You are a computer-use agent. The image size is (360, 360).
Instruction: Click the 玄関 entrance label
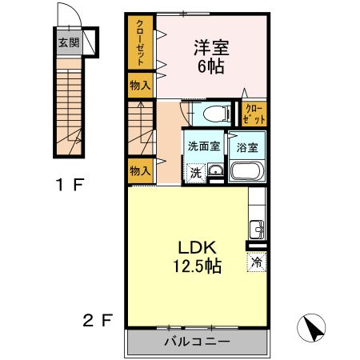(69, 42)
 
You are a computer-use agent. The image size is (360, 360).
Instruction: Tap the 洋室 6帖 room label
(211, 57)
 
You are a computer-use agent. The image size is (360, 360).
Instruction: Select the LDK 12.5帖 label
(198, 257)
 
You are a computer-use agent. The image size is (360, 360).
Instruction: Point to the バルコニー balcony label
(197, 342)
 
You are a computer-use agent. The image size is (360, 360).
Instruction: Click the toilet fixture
(217, 114)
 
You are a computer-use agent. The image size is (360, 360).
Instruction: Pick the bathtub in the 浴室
(247, 171)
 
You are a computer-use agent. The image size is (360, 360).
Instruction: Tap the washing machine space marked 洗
(196, 173)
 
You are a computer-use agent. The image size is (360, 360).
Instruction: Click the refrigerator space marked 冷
(257, 262)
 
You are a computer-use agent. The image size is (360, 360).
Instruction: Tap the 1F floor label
(70, 185)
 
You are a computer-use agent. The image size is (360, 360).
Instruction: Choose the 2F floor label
(98, 320)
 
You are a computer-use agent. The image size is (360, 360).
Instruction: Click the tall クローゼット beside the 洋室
(140, 42)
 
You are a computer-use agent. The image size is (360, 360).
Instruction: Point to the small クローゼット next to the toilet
(254, 114)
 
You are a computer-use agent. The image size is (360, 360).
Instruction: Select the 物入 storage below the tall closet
(140, 86)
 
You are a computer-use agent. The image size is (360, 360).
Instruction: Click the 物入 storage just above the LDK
(140, 171)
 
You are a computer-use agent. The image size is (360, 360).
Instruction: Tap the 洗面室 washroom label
(204, 146)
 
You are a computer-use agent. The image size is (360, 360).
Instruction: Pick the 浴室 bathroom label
(247, 147)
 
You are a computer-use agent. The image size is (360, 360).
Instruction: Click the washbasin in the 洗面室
(216, 170)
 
